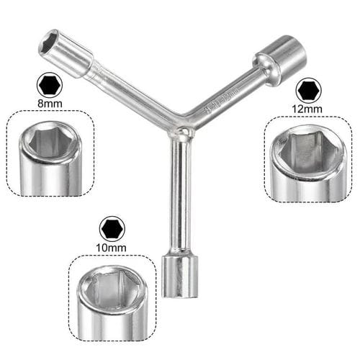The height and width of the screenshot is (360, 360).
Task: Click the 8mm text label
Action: pyautogui.click(x=49, y=103)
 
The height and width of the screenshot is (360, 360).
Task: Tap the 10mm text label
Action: pyautogui.click(x=112, y=248)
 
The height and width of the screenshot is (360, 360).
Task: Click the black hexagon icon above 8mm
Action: pyautogui.click(x=49, y=85)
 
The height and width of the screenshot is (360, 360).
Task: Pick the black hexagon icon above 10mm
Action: pyautogui.click(x=112, y=230)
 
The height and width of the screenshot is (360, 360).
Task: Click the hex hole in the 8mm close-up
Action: pyautogui.click(x=48, y=140)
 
